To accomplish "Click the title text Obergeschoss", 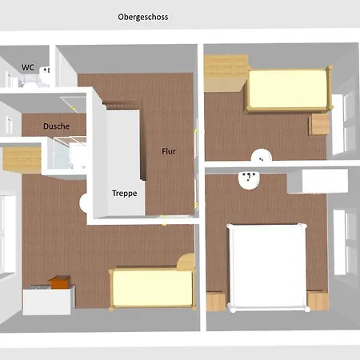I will coord(142,16).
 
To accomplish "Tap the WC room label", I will coord(27,68).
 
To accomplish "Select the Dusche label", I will coord(56,126).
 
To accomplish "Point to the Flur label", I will coord(169,151).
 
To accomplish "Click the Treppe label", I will coord(124,193).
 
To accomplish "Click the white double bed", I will coord(267,267).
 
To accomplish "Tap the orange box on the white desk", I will coord(58,282).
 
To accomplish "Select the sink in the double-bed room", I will coord(249,179).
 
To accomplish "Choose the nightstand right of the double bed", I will coord(318,301).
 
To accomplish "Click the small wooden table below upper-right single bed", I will coord(320,125).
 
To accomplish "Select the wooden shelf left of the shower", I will coord(21,157).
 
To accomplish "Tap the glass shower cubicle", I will coord(67,154).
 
